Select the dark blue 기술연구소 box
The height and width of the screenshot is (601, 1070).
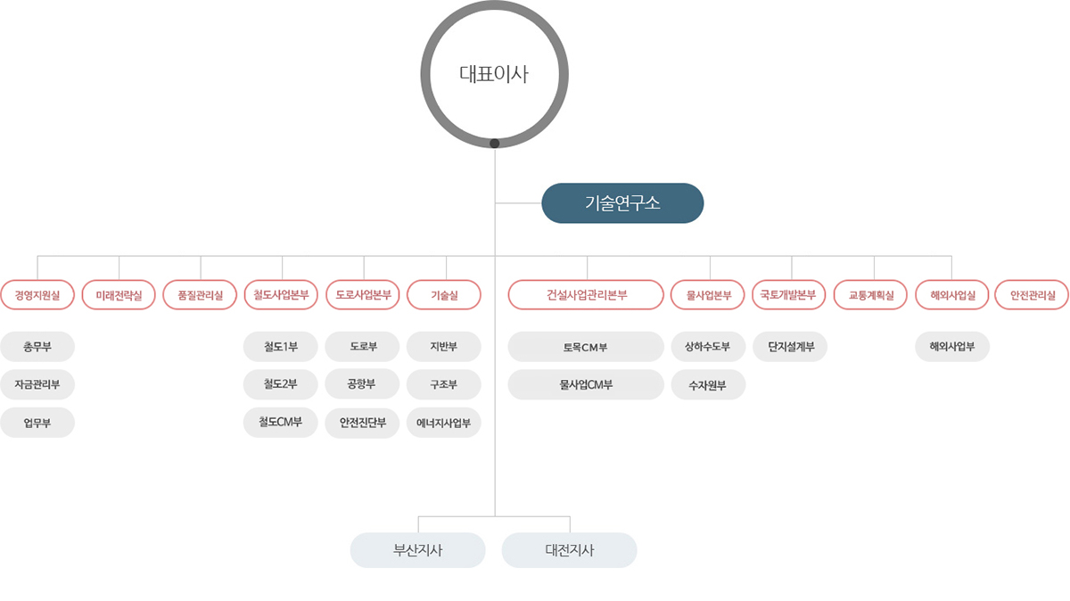tap(622, 203)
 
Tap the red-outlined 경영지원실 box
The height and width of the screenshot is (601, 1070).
tap(37, 295)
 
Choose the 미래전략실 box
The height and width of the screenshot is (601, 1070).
tap(119, 295)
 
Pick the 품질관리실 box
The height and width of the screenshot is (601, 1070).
tap(200, 295)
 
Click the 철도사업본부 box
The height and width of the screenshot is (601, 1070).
tap(281, 295)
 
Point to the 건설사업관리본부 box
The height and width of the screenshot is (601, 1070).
tap(586, 295)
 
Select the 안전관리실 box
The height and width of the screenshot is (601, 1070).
tap(1032, 295)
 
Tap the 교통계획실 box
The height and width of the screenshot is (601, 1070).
tap(870, 295)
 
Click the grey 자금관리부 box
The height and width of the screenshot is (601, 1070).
tap(37, 384)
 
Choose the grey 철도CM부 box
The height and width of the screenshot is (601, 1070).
tap(280, 423)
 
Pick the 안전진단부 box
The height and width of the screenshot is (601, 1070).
tap(362, 423)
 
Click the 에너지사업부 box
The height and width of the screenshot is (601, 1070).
tap(444, 423)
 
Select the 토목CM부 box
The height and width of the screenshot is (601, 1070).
tap(586, 347)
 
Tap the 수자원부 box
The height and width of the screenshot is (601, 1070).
tap(708, 384)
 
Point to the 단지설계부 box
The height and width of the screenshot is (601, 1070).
tap(790, 347)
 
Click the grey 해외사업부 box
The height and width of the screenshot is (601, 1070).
tap(952, 347)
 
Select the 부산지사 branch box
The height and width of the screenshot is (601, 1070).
tap(418, 550)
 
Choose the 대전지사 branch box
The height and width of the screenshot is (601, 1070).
tap(570, 550)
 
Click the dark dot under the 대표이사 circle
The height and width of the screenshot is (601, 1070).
tap(494, 144)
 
